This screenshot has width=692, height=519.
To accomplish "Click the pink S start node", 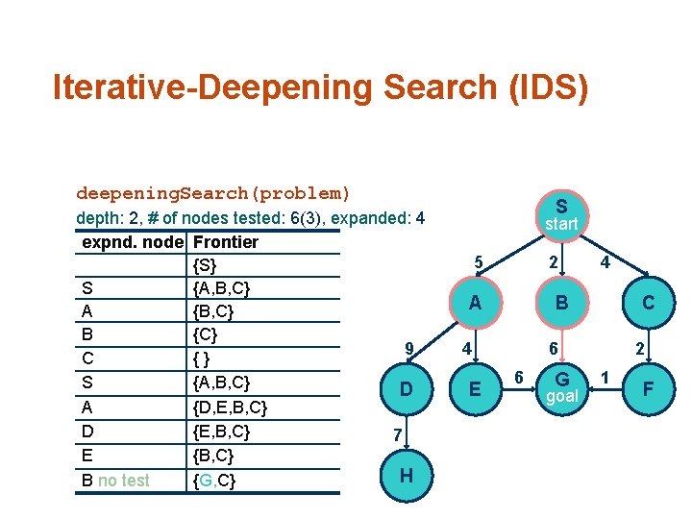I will [561, 214].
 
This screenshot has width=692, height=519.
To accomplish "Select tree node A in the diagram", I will [475, 303].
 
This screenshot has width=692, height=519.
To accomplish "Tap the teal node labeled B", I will [561, 303].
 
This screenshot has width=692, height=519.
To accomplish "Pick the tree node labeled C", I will [649, 303].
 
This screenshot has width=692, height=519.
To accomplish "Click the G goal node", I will [561, 388].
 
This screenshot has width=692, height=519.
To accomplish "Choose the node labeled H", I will [406, 475].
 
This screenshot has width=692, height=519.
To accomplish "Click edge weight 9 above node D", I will [408, 348].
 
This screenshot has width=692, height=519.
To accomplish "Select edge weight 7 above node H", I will [397, 435].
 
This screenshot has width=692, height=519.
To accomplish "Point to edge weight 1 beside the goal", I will [605, 376].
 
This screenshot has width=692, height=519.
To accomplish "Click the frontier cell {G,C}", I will [214, 479].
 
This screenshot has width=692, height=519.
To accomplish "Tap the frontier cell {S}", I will [205, 264].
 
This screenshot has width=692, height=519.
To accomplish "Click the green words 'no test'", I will [124, 480].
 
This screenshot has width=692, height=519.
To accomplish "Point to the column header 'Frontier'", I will [226, 241].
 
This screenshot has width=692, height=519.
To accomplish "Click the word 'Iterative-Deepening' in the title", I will [212, 87].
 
